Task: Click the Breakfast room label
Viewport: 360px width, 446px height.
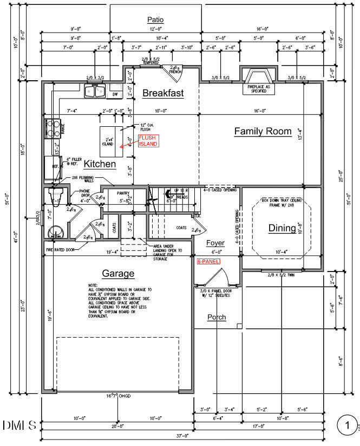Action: point(163,93)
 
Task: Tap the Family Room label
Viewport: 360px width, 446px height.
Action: point(263,131)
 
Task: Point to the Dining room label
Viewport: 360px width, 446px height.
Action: point(282,228)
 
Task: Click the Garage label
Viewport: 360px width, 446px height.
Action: point(118,274)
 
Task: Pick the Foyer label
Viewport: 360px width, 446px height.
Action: point(215,243)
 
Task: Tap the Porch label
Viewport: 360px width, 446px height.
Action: point(217,317)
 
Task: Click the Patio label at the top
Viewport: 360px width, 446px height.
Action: point(155,20)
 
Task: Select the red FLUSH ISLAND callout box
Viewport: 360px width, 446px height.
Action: point(148,141)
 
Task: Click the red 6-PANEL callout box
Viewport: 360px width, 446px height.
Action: point(209,261)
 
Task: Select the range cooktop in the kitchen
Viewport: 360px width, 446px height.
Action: point(53,128)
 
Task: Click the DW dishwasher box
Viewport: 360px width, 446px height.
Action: point(115,94)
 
